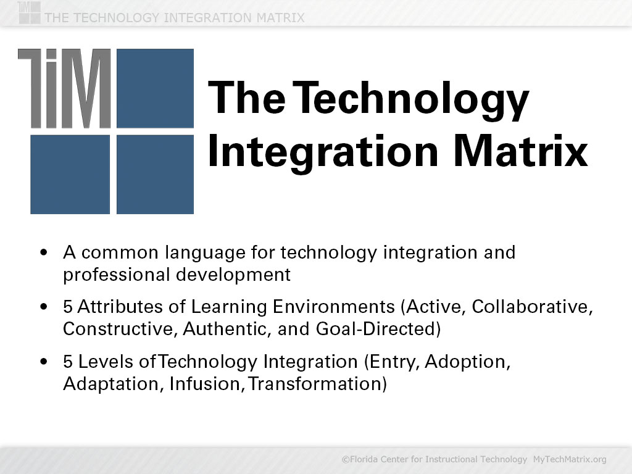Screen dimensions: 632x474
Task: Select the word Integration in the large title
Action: [x=323, y=154]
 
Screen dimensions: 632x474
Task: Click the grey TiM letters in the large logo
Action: [x=64, y=89]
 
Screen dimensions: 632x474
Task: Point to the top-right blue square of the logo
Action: [x=155, y=88]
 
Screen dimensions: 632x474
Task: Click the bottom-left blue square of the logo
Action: [x=70, y=174]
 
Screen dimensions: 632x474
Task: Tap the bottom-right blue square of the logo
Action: [x=155, y=174]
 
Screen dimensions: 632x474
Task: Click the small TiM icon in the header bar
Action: [x=30, y=12]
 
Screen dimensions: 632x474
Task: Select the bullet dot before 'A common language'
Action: [x=44, y=252]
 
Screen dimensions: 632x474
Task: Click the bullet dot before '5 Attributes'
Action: [x=44, y=307]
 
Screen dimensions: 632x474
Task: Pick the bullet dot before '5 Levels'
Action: [x=44, y=362]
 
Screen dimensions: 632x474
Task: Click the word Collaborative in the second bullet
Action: [x=532, y=307]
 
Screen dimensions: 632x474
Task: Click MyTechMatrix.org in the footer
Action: [x=570, y=459]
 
